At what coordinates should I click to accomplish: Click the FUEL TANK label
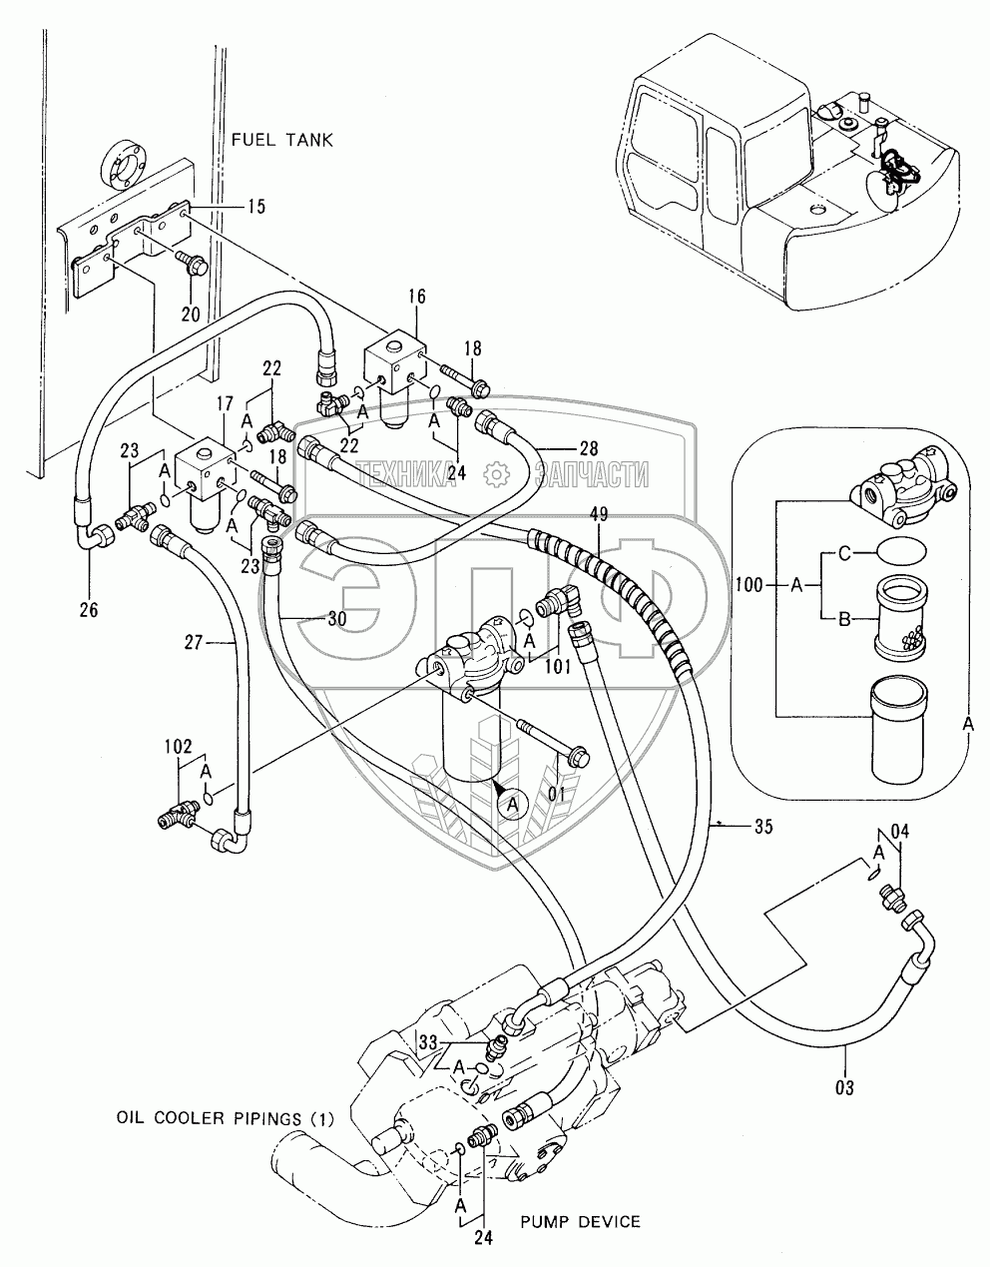click(282, 140)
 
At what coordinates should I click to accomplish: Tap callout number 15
click(256, 207)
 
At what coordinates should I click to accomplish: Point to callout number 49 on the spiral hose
click(598, 514)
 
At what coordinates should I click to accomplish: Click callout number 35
click(763, 826)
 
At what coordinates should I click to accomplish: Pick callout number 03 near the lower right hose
click(844, 1087)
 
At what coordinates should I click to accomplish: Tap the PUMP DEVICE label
click(580, 1221)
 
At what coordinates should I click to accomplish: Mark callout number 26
click(89, 609)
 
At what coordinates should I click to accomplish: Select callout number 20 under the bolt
click(191, 313)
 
